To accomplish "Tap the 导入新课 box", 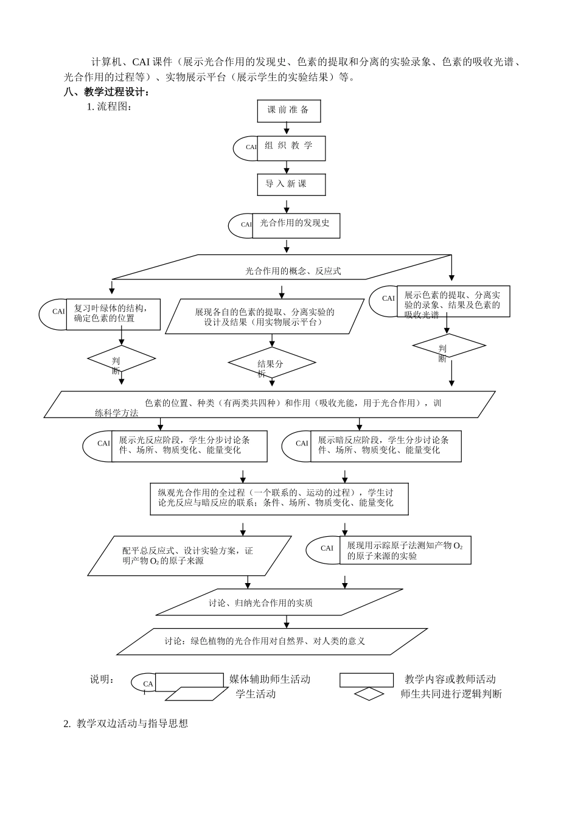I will pos(291,184).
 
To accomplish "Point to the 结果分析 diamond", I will pos(271,363).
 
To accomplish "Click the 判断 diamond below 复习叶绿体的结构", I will pos(121,359).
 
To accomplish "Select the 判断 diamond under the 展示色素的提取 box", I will pos(448,346).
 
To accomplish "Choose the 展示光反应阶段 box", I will pos(189,446).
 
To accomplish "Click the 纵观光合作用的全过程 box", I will pos(279,498).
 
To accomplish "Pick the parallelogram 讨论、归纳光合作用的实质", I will pos(279,603).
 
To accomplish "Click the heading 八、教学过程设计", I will pos(106,93).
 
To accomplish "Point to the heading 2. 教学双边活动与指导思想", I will pos(126,724).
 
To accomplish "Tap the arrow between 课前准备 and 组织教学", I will pos(287,128).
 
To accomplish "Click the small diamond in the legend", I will pos(369,694).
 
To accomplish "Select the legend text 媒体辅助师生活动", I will pos(270,679).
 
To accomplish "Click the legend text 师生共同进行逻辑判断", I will pos(451,694).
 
